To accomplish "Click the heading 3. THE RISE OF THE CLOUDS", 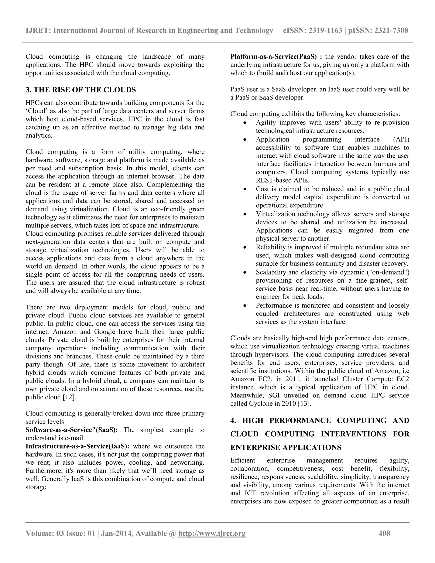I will (81, 90).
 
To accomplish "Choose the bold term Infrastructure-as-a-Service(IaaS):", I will (77, 446).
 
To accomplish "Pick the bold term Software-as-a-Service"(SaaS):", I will (72, 430).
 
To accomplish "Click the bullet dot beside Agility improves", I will (245, 123).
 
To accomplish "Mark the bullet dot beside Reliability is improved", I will (245, 248).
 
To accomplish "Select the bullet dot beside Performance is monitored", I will (245, 306).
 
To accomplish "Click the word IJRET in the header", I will (38, 30).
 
